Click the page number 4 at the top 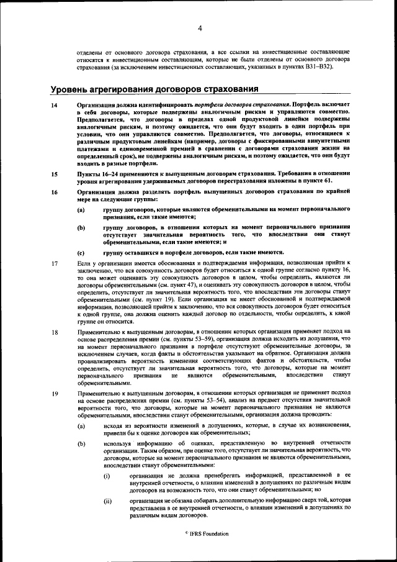pyautogui.click(x=200, y=28)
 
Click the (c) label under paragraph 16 pyautogui.click(x=81, y=253)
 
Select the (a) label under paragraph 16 pyautogui.click(x=81, y=211)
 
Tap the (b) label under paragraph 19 pyautogui.click(x=81, y=445)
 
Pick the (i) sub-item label pyautogui.click(x=107, y=475)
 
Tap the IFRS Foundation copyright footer pyautogui.click(x=198, y=534)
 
